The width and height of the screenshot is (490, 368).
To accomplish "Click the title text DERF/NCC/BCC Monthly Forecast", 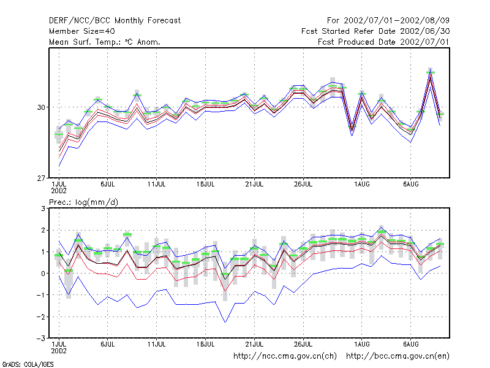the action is (x=115, y=21).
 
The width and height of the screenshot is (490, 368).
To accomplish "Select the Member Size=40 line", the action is (x=82, y=31).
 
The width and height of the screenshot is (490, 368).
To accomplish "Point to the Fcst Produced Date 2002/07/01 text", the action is (x=383, y=42).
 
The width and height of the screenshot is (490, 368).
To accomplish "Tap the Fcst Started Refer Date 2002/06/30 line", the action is (x=375, y=31).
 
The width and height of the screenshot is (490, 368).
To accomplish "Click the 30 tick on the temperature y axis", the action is (x=41, y=107).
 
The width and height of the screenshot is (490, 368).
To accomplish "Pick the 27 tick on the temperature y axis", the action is (x=41, y=178).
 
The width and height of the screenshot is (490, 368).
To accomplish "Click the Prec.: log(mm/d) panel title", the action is (x=83, y=202).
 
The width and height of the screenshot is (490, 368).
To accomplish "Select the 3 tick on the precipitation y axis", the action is (x=43, y=209).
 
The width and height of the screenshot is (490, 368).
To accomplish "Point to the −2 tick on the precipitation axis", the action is (x=41, y=316).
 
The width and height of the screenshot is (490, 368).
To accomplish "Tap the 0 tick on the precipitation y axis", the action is (x=43, y=274).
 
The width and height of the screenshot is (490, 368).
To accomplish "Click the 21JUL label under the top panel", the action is (x=254, y=185).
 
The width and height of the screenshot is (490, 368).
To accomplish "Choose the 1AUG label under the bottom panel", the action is (x=362, y=344).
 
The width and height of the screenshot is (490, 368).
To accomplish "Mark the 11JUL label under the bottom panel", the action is (x=157, y=344).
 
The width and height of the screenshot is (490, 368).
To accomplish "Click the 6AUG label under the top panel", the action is (x=410, y=185).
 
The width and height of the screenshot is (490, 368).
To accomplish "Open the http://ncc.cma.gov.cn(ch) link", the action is (x=285, y=356).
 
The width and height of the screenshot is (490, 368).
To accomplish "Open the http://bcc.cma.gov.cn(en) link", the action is (x=398, y=356).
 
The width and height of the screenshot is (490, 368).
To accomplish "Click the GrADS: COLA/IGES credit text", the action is (x=28, y=364).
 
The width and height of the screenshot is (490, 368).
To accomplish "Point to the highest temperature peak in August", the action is (x=431, y=72).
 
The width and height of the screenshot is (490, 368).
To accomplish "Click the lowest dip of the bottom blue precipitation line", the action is (x=225, y=322).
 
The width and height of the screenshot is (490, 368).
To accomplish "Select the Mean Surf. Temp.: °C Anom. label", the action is (x=104, y=42).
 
